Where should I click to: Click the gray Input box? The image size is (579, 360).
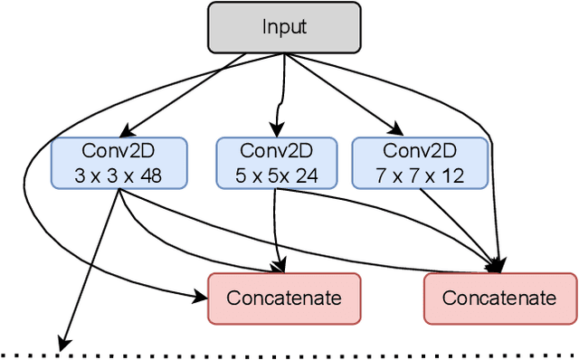tap(284, 26)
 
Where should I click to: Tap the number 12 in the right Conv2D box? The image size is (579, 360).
tap(448, 175)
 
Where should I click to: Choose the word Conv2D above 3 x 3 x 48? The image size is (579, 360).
tap(119, 150)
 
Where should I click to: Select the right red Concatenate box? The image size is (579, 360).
tap(499, 298)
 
